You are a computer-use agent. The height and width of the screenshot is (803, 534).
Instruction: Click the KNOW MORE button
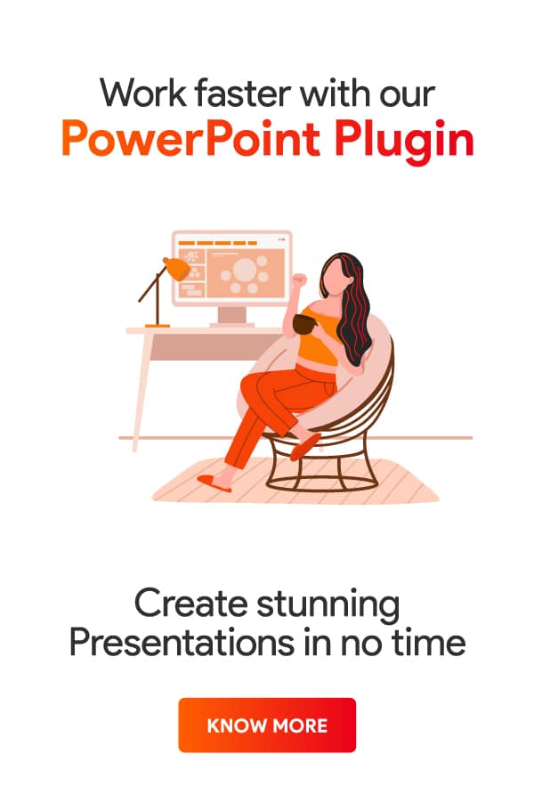click(x=267, y=726)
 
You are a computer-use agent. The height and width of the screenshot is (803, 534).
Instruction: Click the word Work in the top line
click(x=133, y=93)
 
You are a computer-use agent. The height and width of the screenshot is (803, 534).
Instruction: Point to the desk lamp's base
click(x=158, y=326)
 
